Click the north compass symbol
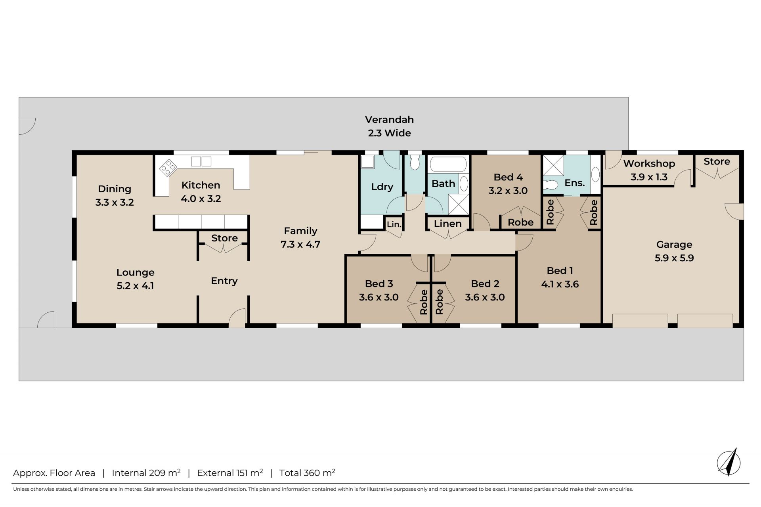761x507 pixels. [x=729, y=462]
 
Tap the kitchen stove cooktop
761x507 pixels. [x=168, y=168]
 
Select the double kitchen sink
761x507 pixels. [x=201, y=161]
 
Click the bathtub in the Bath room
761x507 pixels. [x=448, y=164]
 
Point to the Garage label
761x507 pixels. [x=674, y=245]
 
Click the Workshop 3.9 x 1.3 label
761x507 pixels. [x=649, y=170]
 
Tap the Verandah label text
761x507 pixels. [x=389, y=119]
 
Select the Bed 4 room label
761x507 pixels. [x=508, y=177]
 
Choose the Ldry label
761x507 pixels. [x=382, y=187]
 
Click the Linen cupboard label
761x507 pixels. [x=448, y=224]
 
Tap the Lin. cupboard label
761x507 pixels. [x=394, y=224]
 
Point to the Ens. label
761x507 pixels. [x=575, y=183]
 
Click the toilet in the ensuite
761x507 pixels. [x=552, y=184]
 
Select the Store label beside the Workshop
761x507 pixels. [x=717, y=161]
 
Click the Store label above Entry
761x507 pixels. [x=224, y=238]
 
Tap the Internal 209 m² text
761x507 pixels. [x=146, y=473]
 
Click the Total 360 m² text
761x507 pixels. [x=307, y=473]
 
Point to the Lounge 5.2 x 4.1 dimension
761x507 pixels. [x=135, y=285]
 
